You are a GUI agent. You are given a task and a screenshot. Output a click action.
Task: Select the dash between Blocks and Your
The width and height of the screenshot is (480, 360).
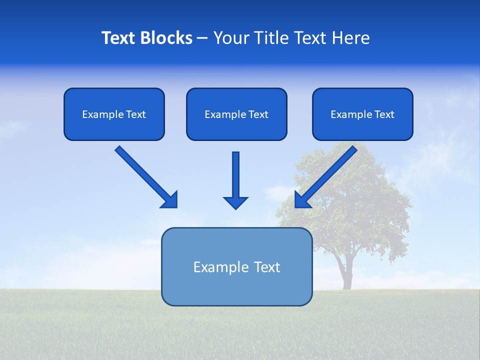[x=202, y=38]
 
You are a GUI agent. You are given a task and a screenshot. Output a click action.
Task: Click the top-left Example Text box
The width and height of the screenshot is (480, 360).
[x=114, y=114]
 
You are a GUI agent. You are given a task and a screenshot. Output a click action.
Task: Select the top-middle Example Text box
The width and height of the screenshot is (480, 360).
[x=236, y=114]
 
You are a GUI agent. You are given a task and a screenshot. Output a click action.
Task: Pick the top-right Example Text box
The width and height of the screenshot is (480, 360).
[x=362, y=114]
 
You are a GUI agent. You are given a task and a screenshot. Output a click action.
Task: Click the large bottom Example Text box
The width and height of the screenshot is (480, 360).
[x=236, y=267]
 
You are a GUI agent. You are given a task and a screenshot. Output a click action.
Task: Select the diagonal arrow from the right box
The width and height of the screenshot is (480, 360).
[x=330, y=173]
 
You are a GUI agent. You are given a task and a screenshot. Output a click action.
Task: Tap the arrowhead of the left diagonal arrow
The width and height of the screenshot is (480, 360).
[x=170, y=200]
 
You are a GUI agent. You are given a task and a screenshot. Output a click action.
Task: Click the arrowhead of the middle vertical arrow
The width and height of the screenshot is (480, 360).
[x=235, y=202]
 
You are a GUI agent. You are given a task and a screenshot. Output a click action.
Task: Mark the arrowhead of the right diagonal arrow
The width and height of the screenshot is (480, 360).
[x=302, y=200]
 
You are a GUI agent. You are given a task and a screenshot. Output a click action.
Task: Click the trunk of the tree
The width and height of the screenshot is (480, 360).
[x=345, y=272]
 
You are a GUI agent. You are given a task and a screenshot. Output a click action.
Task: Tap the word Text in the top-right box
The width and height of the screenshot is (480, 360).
[x=384, y=114]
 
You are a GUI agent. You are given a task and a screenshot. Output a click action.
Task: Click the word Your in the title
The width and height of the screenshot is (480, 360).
[x=231, y=38]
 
